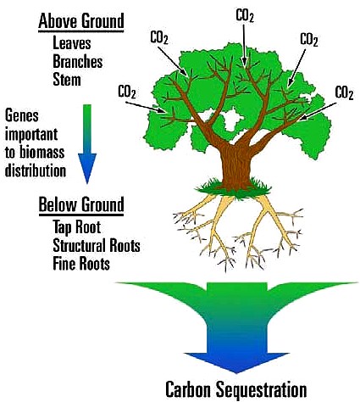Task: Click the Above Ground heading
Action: click(x=81, y=20)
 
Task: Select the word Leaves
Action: click(x=72, y=43)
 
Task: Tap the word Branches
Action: click(x=78, y=61)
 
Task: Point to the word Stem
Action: click(x=67, y=80)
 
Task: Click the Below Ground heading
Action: click(x=81, y=204)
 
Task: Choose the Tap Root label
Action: click(x=77, y=227)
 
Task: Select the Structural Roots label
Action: click(x=97, y=245)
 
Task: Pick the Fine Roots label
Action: click(x=81, y=264)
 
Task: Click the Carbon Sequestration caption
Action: click(x=236, y=389)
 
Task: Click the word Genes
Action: click(x=22, y=115)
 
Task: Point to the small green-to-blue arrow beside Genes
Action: click(x=87, y=144)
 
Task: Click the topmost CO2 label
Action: click(x=245, y=15)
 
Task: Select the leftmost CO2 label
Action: click(x=127, y=92)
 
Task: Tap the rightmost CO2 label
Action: click(x=344, y=92)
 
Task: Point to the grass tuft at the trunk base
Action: click(x=234, y=189)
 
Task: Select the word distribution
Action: click(x=36, y=170)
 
